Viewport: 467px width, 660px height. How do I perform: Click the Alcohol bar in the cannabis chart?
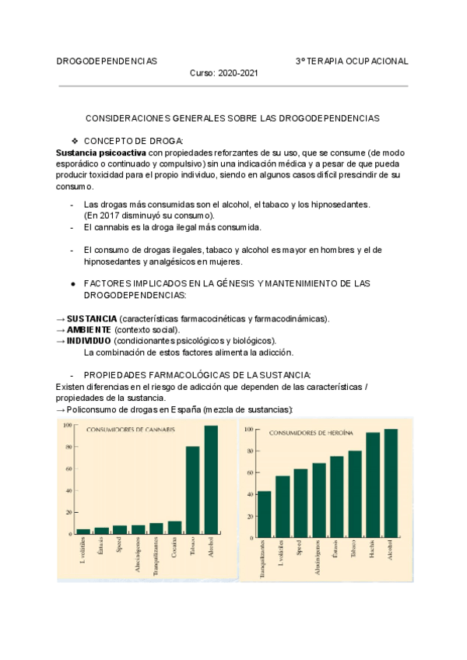211,480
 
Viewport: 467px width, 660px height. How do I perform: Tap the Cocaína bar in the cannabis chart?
174,528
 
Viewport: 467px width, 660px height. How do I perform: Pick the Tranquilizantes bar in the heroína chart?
264,514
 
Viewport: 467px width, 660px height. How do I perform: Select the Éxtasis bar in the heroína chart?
336,497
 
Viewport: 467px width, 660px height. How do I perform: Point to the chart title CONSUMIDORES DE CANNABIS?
130,430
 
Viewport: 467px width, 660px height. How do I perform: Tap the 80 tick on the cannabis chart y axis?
68,447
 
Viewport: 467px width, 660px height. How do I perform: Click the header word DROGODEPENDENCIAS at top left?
107,61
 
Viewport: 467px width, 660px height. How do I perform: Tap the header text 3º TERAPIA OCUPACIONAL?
352,61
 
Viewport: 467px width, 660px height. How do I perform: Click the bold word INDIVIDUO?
89,341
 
